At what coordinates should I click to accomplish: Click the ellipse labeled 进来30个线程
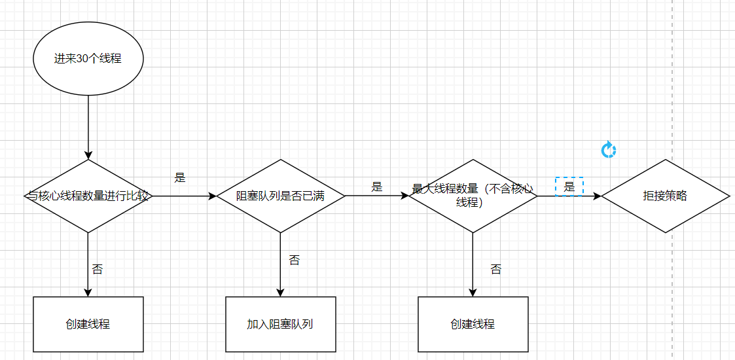(88, 58)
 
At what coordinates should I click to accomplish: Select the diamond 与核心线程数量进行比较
(88, 196)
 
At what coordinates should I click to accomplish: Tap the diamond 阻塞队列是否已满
(280, 196)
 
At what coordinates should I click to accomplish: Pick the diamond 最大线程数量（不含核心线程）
(473, 196)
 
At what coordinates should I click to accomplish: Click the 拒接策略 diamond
(665, 196)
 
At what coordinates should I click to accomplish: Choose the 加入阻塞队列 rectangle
(280, 324)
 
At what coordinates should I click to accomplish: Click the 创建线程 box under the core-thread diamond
(88, 324)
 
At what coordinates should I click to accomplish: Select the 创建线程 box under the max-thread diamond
(473, 324)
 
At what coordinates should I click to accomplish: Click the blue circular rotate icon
(609, 150)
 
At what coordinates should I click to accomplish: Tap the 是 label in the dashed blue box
(569, 187)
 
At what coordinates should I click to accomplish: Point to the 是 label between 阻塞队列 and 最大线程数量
(376, 187)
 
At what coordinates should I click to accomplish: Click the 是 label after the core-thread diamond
(180, 177)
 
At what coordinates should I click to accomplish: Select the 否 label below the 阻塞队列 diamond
(294, 261)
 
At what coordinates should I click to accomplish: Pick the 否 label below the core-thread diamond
(97, 269)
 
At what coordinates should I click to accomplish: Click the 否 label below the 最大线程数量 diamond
(495, 269)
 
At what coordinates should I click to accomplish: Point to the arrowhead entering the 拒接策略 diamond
(596, 196)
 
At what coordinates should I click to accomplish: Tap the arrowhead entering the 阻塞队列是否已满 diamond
(211, 196)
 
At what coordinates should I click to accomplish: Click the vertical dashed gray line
(673, 98)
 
